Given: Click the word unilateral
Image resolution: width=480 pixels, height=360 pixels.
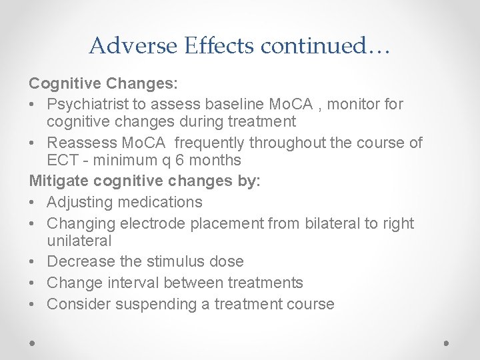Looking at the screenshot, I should [79, 240].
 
